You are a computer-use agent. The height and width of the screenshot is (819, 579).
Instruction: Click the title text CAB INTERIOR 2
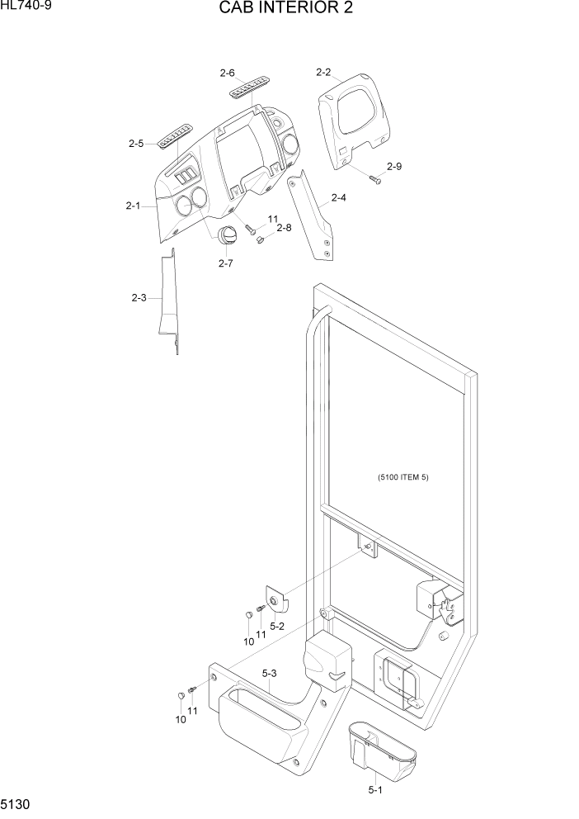tap(289, 9)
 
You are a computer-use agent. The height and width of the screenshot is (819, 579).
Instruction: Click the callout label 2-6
tap(228, 73)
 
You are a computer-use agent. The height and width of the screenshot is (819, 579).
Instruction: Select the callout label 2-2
tap(323, 73)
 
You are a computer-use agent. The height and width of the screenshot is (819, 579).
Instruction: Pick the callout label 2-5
tap(136, 143)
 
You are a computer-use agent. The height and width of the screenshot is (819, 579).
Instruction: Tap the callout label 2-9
tap(394, 167)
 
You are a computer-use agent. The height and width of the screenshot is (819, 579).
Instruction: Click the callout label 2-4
tap(338, 197)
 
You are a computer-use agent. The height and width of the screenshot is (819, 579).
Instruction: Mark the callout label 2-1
tap(133, 206)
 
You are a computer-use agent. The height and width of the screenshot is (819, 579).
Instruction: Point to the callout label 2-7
tap(225, 263)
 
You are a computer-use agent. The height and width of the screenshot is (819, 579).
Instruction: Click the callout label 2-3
tap(139, 297)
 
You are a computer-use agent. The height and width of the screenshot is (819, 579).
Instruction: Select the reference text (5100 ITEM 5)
tap(404, 477)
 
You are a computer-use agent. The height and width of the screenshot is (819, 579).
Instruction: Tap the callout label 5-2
tap(278, 626)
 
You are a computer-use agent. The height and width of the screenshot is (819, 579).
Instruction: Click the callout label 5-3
tap(269, 674)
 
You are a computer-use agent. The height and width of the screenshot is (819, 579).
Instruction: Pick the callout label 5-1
tap(375, 790)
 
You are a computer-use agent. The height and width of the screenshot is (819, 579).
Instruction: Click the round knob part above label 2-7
tap(227, 234)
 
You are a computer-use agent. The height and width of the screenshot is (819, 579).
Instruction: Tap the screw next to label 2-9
tap(374, 179)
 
